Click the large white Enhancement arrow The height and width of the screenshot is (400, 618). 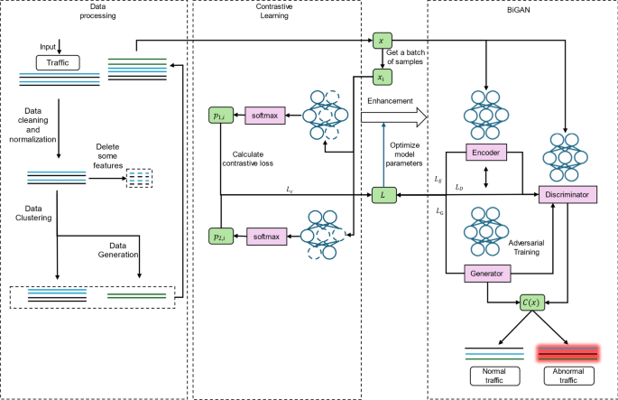(x=393, y=116)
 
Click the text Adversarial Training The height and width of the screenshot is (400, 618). (x=517, y=249)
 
